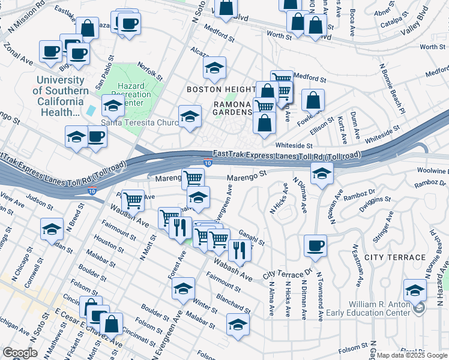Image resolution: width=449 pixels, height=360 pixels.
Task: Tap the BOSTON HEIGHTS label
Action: (x=221, y=89)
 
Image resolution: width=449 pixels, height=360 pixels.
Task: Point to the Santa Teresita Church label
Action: (x=139, y=123)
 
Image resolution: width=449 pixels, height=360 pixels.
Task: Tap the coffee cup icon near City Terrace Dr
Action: (x=315, y=245)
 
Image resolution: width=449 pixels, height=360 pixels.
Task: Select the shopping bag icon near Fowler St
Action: (x=313, y=100)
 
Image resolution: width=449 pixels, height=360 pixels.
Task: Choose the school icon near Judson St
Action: (x=52, y=229)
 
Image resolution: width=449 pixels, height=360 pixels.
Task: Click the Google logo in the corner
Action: (x=20, y=353)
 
